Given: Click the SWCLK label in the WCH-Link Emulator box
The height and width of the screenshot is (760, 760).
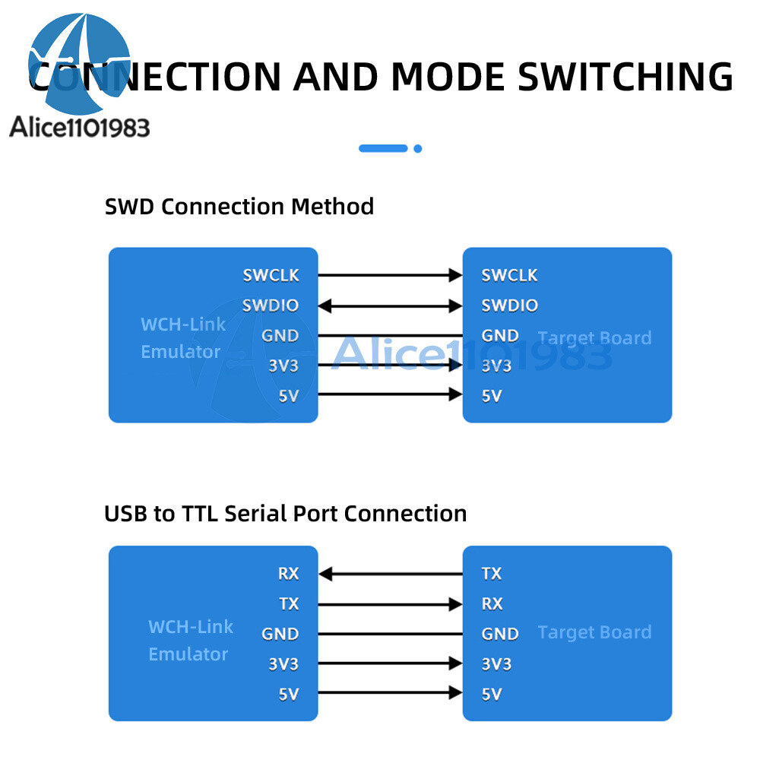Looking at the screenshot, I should (x=271, y=275).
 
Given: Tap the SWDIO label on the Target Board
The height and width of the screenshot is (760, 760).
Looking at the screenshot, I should (x=509, y=306).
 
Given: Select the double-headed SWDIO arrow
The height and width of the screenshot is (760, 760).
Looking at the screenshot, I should (x=390, y=306).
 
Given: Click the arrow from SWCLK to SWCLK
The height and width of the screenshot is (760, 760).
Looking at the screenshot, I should (x=390, y=275).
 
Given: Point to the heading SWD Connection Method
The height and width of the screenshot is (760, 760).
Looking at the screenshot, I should (x=239, y=207).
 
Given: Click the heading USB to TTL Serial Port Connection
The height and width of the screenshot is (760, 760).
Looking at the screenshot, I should (x=285, y=514).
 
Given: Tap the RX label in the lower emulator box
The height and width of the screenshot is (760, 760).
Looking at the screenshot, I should (x=288, y=574).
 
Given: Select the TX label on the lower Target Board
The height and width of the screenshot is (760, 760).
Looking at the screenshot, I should (x=492, y=574).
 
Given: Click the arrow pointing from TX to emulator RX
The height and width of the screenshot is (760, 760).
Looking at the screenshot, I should (x=390, y=574).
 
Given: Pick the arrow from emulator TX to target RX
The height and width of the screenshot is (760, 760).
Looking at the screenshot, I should (x=390, y=604).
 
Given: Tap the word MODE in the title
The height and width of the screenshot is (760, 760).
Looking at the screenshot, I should (x=449, y=77).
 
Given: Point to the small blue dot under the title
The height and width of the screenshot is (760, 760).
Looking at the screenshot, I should (x=417, y=149).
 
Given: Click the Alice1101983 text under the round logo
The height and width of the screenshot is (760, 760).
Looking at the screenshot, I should (x=80, y=127).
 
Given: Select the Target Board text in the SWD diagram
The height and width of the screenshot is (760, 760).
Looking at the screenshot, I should (x=594, y=338).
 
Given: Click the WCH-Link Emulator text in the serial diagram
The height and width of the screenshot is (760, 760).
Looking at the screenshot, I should (x=190, y=640).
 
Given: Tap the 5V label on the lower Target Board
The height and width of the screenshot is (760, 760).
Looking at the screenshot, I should (x=492, y=694).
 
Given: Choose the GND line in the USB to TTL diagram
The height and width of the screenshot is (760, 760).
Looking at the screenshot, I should (x=390, y=634).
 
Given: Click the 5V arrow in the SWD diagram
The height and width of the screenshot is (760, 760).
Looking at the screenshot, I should (x=390, y=394).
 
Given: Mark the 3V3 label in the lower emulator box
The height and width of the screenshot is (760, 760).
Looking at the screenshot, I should (x=283, y=664).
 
